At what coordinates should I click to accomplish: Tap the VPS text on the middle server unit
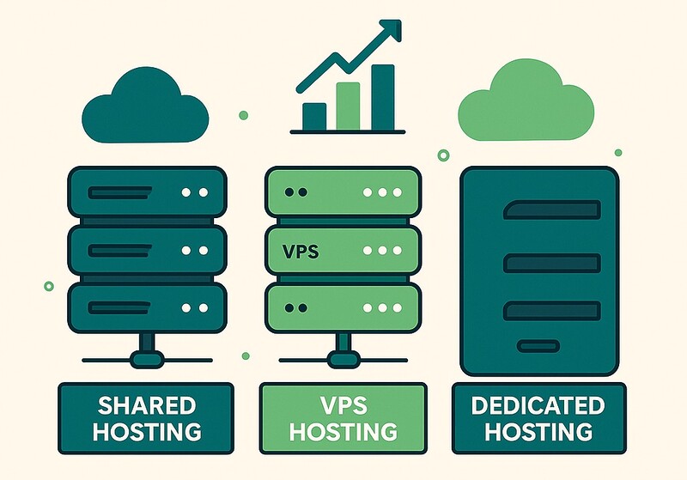(300, 252)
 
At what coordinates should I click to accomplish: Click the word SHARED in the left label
(146, 404)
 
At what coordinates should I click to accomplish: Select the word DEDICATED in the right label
(538, 404)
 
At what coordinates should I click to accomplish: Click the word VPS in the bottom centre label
(343, 405)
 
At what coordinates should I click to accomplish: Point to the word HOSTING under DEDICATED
(538, 430)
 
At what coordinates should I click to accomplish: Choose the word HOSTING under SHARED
(146, 430)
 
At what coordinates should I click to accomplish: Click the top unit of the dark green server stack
(145, 193)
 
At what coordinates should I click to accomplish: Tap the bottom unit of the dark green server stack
(145, 307)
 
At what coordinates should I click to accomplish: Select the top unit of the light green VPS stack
(343, 193)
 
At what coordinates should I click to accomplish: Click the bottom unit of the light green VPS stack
(343, 307)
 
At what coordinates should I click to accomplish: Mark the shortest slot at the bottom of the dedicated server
(538, 345)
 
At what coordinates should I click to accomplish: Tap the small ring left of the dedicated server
(443, 155)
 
